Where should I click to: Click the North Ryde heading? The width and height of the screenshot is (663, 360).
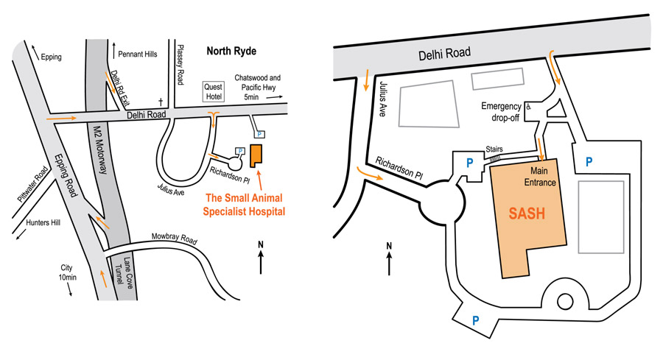[233, 51]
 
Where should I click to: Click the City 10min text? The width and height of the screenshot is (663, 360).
[67, 272]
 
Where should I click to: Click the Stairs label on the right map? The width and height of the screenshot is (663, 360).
[494, 148]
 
